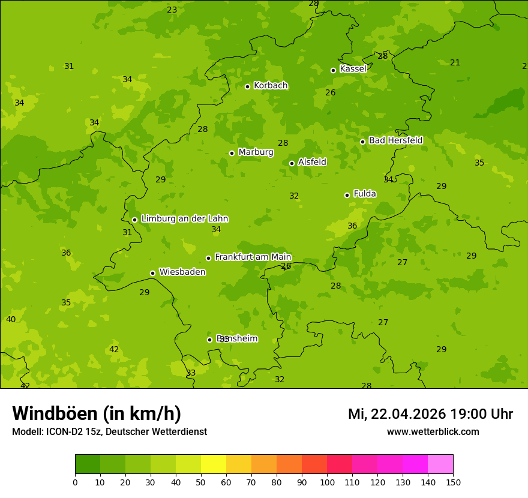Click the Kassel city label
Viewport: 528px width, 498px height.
(x=353, y=69)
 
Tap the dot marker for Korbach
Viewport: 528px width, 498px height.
(x=247, y=86)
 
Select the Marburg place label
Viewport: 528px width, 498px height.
(x=256, y=152)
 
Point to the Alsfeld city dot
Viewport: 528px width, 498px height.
(x=292, y=163)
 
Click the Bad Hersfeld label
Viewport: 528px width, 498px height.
(x=395, y=140)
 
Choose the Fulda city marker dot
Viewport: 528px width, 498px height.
(x=347, y=195)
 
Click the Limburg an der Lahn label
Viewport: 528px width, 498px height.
(x=184, y=219)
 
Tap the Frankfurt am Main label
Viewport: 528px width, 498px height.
(x=253, y=257)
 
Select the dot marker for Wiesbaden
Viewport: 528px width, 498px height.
(x=152, y=273)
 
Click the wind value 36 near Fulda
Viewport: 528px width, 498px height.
(x=352, y=226)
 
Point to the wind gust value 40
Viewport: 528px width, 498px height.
(x=11, y=319)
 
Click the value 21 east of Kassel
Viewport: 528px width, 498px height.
(x=455, y=62)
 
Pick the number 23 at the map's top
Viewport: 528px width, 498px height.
(x=172, y=10)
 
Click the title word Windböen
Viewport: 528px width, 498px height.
(x=55, y=413)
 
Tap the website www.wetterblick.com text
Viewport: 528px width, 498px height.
(x=433, y=431)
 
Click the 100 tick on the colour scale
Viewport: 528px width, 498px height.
(x=327, y=482)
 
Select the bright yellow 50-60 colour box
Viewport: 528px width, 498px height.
(x=214, y=464)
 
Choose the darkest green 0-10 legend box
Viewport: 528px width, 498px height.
(x=88, y=464)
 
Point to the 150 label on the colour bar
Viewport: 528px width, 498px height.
(x=453, y=482)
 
